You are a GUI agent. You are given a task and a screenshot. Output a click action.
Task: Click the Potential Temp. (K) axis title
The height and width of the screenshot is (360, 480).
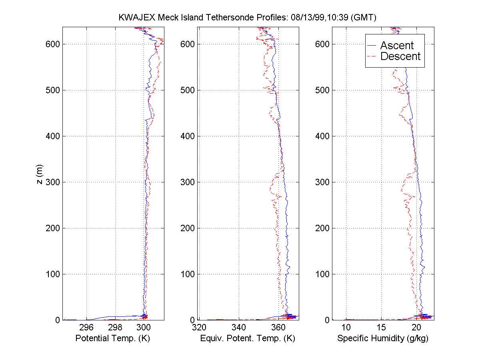coord(112,338)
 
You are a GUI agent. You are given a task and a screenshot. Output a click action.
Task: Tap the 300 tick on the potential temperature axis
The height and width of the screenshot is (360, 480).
coord(144,327)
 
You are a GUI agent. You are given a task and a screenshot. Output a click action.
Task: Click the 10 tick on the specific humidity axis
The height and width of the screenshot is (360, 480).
coord(346,327)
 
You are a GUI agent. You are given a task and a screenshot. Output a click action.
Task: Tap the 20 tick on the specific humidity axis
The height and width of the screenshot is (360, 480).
coord(416,327)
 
